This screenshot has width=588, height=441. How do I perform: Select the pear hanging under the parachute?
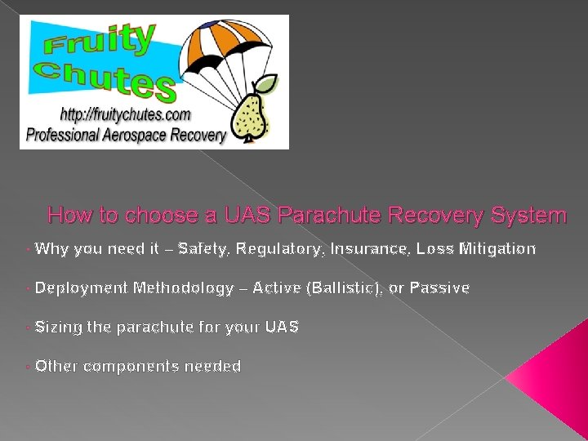tap(248, 114)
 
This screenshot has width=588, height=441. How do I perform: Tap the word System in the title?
tap(528, 216)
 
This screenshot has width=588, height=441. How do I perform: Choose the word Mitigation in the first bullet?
tap(498, 248)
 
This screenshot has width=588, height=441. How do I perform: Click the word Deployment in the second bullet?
tap(82, 287)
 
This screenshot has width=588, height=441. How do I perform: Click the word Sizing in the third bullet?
tap(58, 327)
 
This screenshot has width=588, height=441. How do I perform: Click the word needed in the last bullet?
tap(213, 367)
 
